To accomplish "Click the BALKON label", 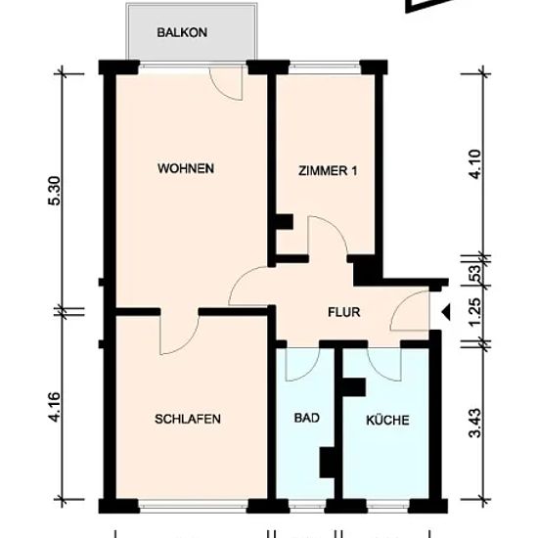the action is pyautogui.click(x=182, y=32).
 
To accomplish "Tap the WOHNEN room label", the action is pyautogui.click(x=186, y=168).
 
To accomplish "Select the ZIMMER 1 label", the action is pyautogui.click(x=328, y=170).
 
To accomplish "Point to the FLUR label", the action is pyautogui.click(x=343, y=312).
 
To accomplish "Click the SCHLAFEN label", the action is pyautogui.click(x=188, y=419).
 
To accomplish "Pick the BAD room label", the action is pyautogui.click(x=307, y=418).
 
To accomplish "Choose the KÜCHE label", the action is pyautogui.click(x=387, y=420).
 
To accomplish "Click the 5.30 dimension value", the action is pyautogui.click(x=55, y=191).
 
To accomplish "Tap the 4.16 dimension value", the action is pyautogui.click(x=55, y=407).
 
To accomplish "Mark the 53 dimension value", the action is pyautogui.click(x=477, y=273).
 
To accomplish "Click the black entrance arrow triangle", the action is pyautogui.click(x=446, y=312).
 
